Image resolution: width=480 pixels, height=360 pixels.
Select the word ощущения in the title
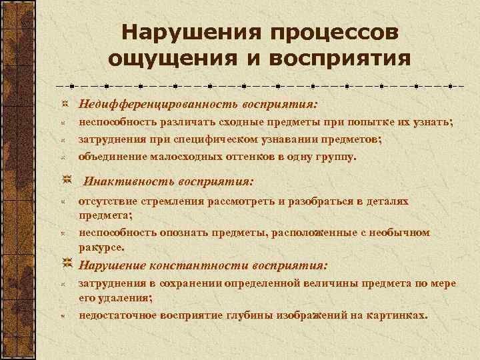[x=163, y=59]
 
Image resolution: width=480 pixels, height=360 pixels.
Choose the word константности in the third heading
[x=185, y=265]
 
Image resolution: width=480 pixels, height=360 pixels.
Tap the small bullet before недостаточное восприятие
[x=61, y=315]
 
